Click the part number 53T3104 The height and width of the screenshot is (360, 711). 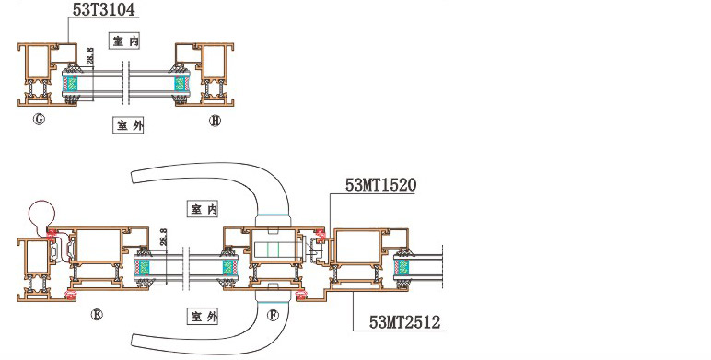coord(104,9)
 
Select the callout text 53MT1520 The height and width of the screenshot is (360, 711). coord(381,185)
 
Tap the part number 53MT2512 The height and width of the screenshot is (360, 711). coord(404,322)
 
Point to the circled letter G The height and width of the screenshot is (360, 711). coord(40,120)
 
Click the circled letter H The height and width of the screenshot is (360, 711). coord(215,120)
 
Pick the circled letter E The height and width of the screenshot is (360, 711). coord(97,315)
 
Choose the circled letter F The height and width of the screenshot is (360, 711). coord(273,315)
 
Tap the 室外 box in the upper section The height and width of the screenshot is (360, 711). coord(128,125)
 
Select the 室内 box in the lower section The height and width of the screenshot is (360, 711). coord(203,209)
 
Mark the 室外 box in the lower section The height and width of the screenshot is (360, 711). coord(203,316)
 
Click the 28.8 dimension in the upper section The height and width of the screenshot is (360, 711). coord(89,57)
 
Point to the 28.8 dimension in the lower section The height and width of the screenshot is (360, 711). coord(163,238)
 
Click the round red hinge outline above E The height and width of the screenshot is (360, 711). coord(41,213)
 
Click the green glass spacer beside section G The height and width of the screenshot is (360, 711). coord(69,84)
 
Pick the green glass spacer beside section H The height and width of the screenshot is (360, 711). coord(181,84)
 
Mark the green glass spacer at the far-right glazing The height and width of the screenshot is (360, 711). coord(402,268)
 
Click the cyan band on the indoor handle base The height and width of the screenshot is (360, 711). coord(272,215)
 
